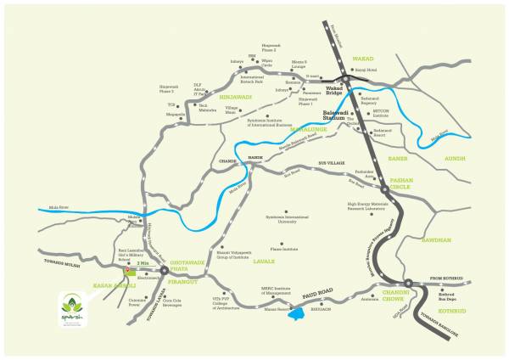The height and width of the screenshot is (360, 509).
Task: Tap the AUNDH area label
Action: tap(458, 158)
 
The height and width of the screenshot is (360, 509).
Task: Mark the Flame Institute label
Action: tap(283, 249)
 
